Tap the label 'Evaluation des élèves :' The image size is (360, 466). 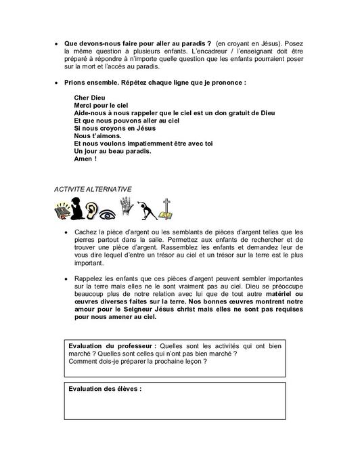tap(105, 390)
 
